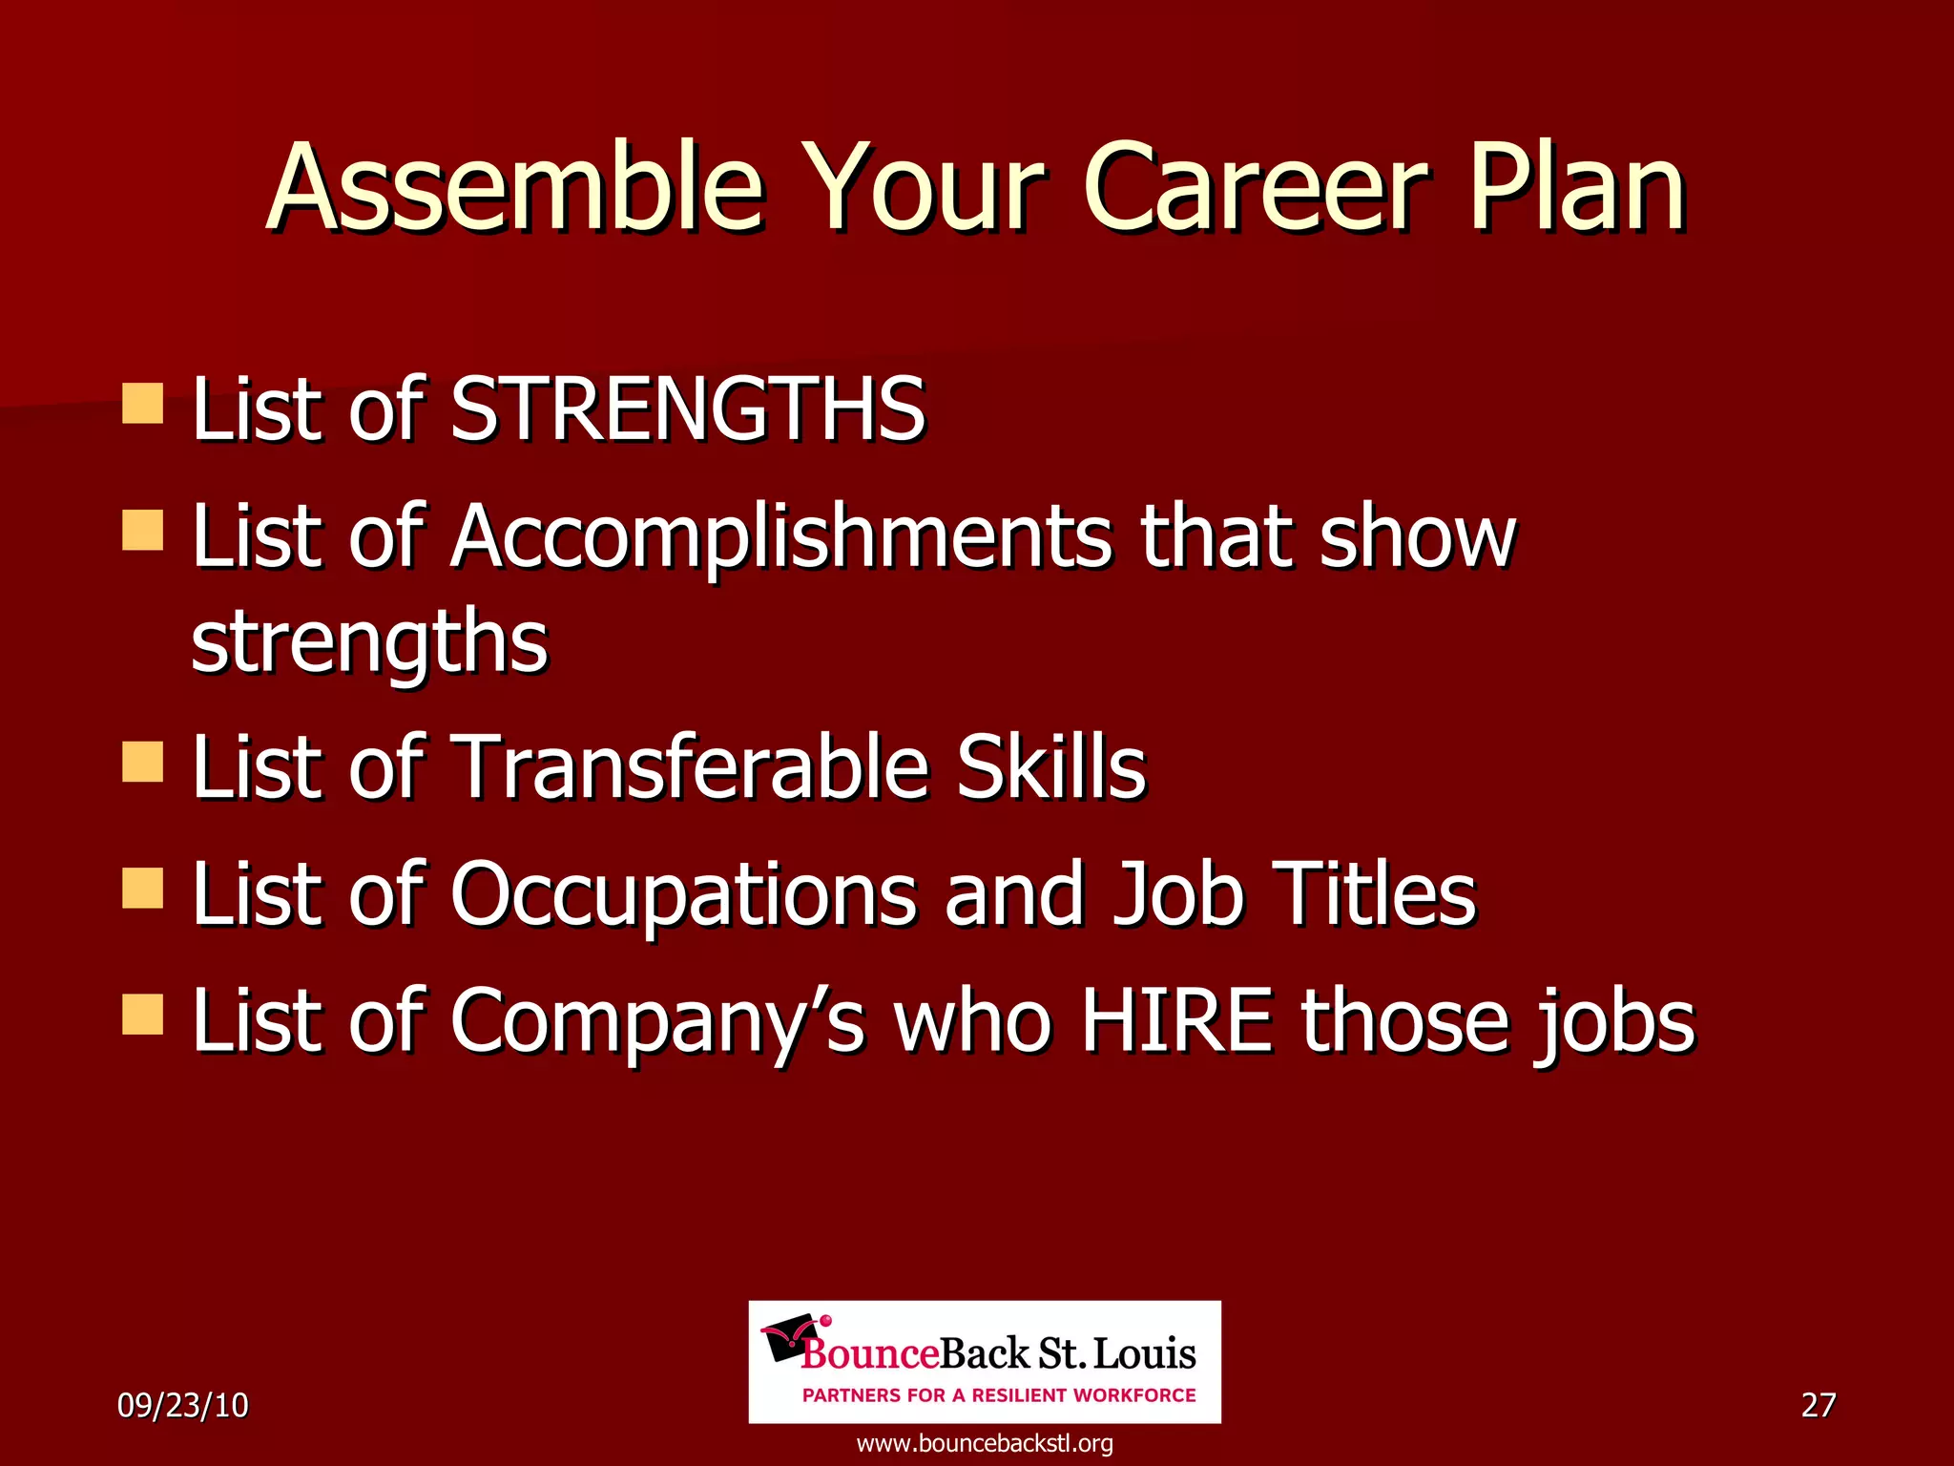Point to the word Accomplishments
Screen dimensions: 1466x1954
coord(781,536)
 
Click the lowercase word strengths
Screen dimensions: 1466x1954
coord(369,641)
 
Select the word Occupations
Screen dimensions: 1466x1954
coord(683,894)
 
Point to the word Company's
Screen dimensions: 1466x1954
coord(657,1021)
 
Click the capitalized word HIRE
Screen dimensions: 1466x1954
coord(1176,1021)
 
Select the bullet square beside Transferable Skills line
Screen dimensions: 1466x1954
coord(143,763)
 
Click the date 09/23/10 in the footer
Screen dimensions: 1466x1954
coord(182,1405)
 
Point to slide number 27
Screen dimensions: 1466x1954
coord(1818,1405)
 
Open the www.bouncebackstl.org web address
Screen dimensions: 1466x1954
coord(985,1443)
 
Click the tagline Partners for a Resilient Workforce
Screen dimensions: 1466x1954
coord(999,1395)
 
